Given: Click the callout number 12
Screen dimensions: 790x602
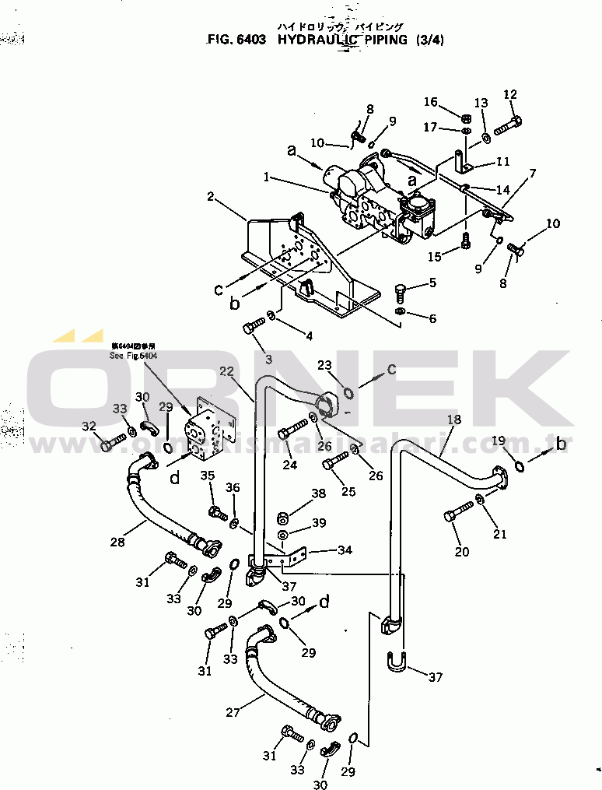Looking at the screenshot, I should click(x=510, y=95).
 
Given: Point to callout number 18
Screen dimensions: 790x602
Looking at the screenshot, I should click(x=454, y=420).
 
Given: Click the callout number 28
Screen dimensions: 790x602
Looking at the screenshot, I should click(x=117, y=542).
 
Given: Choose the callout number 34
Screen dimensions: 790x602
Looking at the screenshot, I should click(x=345, y=550).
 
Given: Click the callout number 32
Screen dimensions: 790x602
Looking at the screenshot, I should click(x=89, y=426).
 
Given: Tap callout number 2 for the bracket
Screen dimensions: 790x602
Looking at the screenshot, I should click(x=210, y=197).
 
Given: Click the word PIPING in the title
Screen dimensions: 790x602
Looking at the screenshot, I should click(x=378, y=39).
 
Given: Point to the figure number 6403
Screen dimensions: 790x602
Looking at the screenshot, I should click(x=248, y=39).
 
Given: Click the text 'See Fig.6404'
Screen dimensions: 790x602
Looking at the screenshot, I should click(x=134, y=355).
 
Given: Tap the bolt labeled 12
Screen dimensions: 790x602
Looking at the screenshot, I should click(x=507, y=125).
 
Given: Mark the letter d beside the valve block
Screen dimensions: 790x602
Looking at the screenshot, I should click(x=175, y=478).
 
